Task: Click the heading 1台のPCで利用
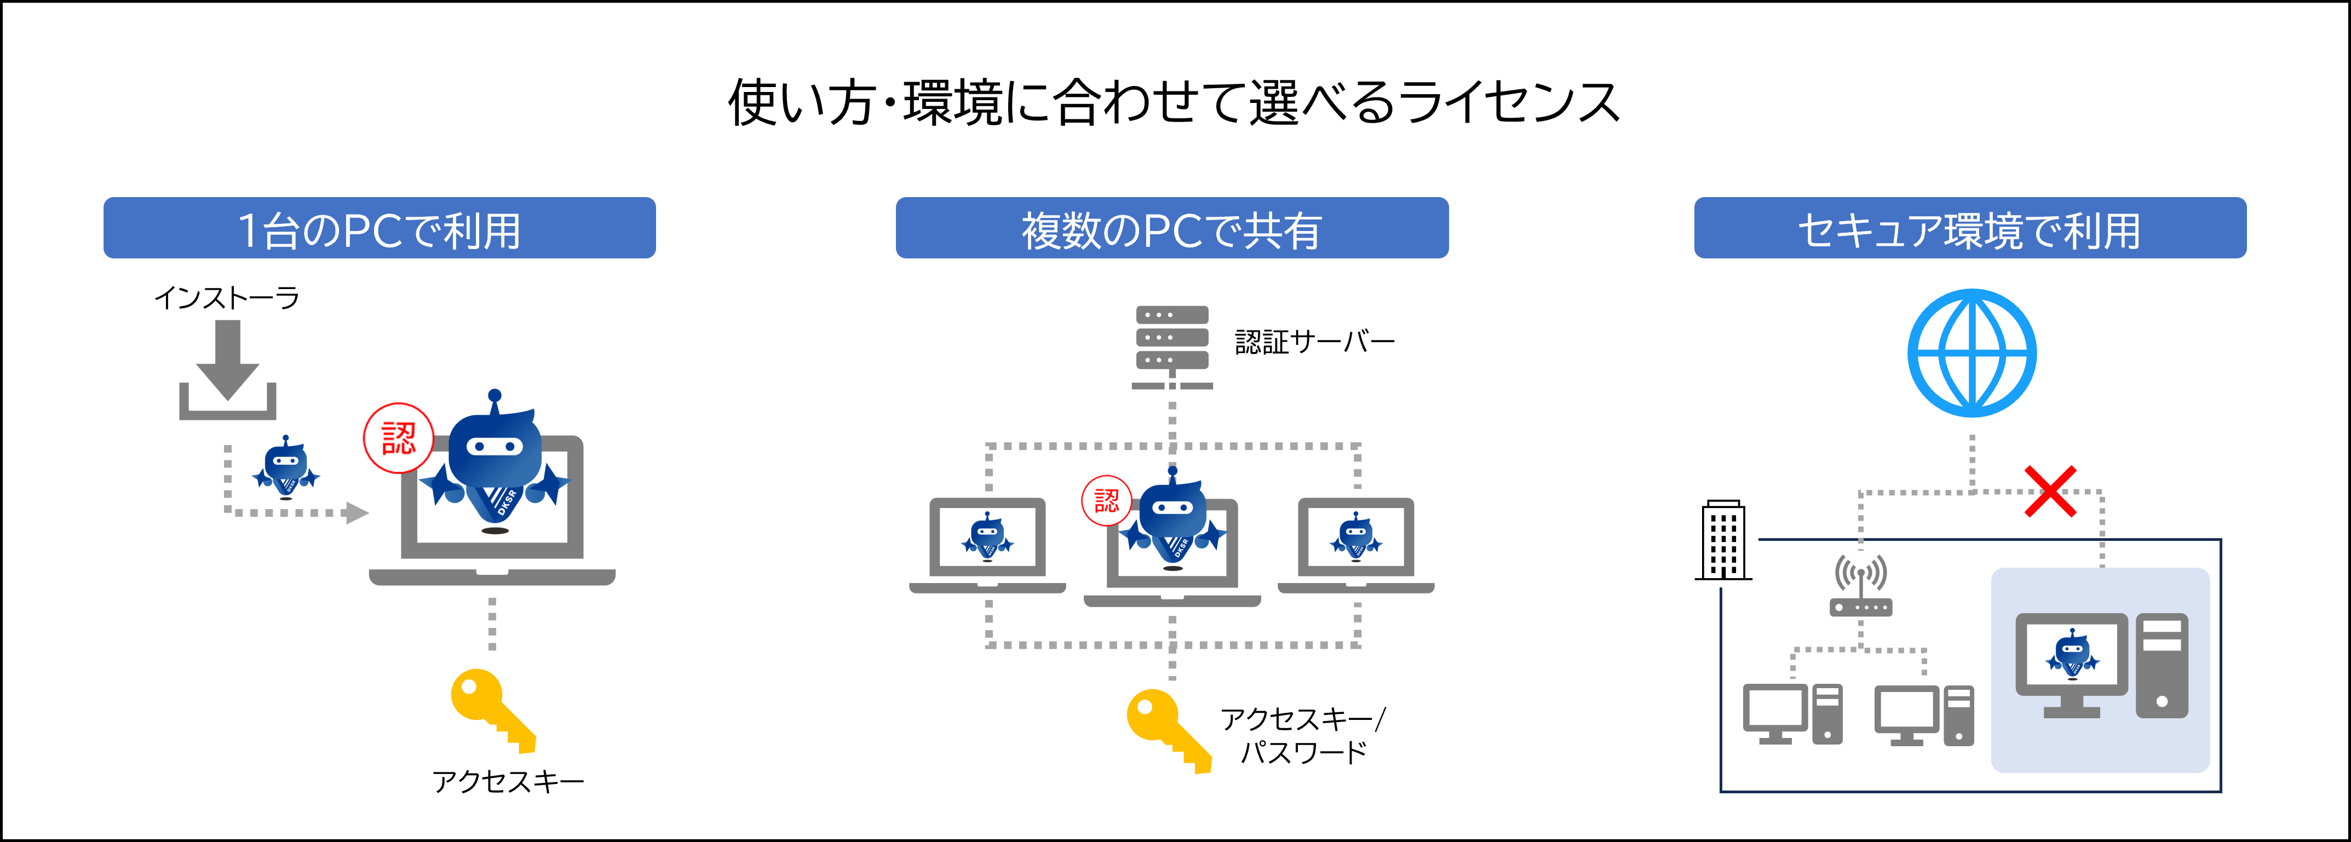click(379, 229)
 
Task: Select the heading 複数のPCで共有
click(1172, 229)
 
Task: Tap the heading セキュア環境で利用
click(1969, 229)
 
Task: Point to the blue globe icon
click(1971, 353)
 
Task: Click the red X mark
click(2050, 491)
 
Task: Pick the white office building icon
click(1722, 538)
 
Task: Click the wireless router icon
click(1861, 586)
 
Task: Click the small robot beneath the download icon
click(286, 467)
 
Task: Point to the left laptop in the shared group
click(987, 545)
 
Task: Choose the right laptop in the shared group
click(1355, 545)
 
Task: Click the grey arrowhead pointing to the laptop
click(357, 512)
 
